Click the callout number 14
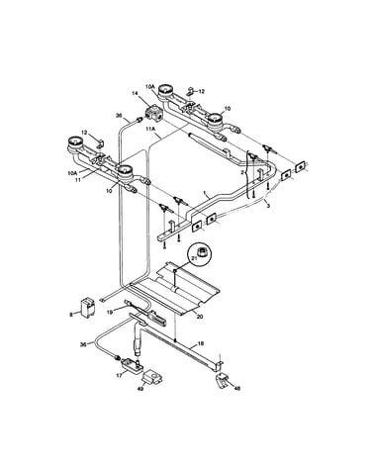136,94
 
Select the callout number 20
200,317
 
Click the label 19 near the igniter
110,312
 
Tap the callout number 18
201,343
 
